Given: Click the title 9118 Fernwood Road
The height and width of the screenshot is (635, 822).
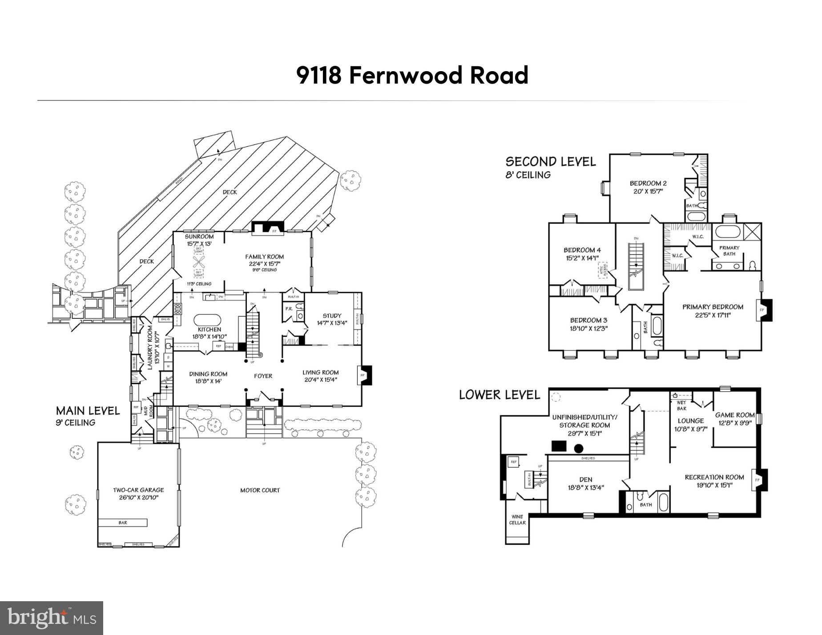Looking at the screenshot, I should [412, 75].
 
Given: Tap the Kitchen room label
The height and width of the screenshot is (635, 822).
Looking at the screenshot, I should [210, 330].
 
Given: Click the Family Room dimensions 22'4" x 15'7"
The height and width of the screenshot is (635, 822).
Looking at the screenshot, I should [264, 264].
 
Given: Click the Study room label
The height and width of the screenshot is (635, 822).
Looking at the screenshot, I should [332, 316].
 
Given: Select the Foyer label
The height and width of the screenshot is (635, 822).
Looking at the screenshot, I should [263, 376].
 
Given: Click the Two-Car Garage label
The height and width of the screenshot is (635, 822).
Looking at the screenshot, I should [138, 490].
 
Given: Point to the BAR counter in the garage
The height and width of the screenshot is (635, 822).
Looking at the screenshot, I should [123, 522].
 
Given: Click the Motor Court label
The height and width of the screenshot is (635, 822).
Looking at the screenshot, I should [260, 490].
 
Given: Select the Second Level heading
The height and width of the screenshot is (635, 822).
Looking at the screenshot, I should [550, 161].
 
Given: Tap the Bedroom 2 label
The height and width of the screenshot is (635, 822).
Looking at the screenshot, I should [648, 183].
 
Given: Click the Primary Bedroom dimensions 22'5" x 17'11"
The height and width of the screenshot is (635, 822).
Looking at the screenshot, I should [713, 315].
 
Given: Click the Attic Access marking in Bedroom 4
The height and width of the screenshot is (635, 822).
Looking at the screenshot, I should [604, 270].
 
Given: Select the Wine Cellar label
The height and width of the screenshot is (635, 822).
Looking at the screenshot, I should [517, 519].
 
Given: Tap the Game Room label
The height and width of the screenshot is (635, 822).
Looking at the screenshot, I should [735, 415].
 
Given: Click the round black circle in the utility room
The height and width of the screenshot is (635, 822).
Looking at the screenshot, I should [579, 448].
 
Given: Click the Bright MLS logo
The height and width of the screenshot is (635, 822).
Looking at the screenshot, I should [52, 618].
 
